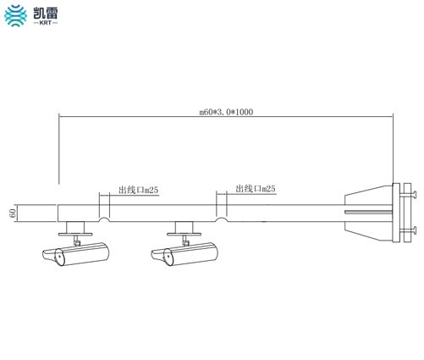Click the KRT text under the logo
tap(45, 23)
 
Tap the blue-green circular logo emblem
tap(16, 15)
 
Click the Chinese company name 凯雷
tap(46, 13)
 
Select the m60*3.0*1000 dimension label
tap(226, 112)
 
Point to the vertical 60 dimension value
tap(13, 213)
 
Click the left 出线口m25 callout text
tap(138, 190)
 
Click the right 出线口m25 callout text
tap(256, 189)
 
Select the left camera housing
tap(76, 254)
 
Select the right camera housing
tap(184, 254)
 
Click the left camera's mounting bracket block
tap(75, 227)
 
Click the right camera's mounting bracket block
tap(184, 227)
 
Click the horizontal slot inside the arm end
tap(368, 212)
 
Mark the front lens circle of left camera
tap(59, 257)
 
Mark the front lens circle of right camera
tap(168, 257)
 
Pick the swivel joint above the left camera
tap(76, 241)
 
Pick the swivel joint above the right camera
tap(185, 241)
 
